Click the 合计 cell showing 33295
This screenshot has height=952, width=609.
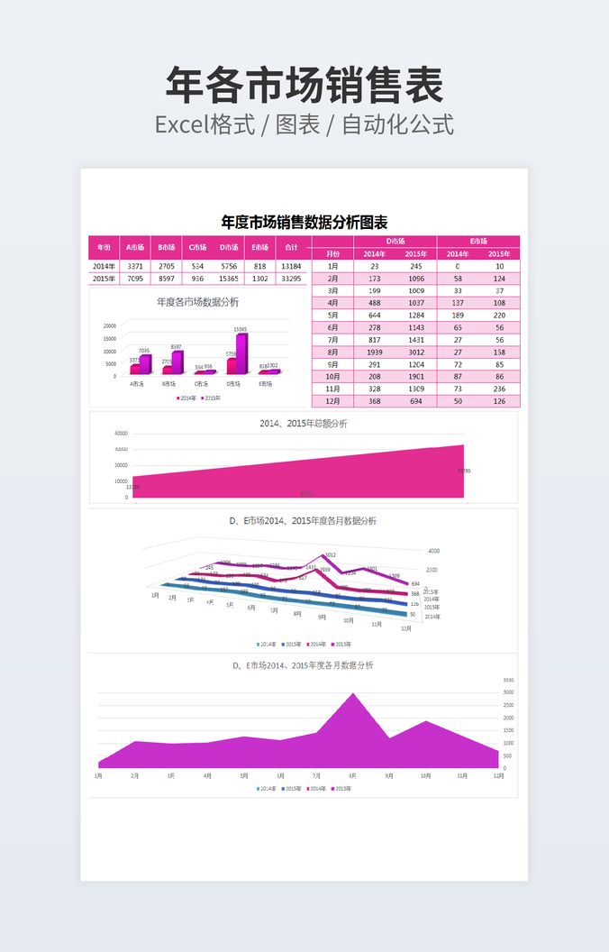click(291, 279)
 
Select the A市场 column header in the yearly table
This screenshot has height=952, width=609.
click(135, 247)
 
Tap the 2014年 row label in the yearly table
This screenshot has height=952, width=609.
click(105, 266)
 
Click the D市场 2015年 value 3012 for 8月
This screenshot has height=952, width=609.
click(415, 352)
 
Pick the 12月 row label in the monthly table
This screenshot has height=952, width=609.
click(332, 401)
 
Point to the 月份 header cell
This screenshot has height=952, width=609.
click(332, 253)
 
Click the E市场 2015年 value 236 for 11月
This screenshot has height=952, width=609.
click(499, 389)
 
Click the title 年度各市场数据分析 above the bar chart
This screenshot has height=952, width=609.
click(197, 302)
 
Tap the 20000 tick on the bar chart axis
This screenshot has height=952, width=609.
click(109, 326)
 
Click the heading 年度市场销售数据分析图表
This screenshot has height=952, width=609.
click(304, 222)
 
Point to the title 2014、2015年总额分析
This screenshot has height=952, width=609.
click(304, 423)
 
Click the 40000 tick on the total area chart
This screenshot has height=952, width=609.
click(120, 433)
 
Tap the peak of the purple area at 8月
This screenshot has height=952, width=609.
click(352, 694)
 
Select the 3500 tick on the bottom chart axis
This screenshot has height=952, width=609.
click(508, 680)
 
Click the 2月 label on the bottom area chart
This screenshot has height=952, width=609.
click(135, 775)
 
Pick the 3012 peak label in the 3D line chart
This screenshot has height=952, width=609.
click(330, 555)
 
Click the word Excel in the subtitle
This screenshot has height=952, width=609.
click(181, 124)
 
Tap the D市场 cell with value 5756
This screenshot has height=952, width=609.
click(229, 266)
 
